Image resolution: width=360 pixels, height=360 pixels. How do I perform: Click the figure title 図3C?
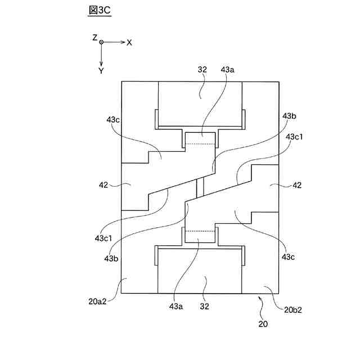coord(100,10)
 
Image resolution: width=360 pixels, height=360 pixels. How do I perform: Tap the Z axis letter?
coord(95,37)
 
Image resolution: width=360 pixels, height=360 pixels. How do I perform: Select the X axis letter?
coord(129,42)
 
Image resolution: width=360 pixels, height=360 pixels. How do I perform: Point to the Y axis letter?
coord(101,71)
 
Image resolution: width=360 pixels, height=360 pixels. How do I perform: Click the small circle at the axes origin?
coord(101,42)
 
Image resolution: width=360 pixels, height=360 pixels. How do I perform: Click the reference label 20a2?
coord(97,301)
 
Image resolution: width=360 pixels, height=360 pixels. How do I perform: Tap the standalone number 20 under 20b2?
coord(263,323)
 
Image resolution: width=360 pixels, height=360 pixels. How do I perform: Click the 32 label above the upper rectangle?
coord(202,70)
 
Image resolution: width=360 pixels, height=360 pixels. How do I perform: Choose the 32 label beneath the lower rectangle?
coord(205,307)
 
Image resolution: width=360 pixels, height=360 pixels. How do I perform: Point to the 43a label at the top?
coord(228,70)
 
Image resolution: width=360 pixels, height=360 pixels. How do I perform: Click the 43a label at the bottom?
coord(177,307)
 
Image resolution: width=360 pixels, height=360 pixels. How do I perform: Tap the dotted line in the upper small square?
coord(200,143)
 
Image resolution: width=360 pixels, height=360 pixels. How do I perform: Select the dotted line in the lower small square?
coord(200,231)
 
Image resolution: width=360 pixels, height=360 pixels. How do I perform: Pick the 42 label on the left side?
coord(104,184)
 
